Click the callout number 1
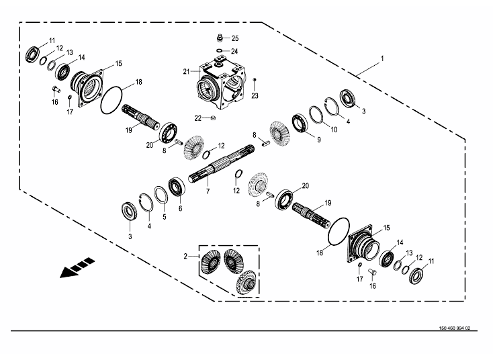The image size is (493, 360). coord(382,59)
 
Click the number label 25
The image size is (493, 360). coord(235,38)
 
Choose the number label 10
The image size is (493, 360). coord(334,128)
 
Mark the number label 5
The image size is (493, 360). coord(163,217)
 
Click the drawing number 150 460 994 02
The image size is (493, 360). coord(449,328)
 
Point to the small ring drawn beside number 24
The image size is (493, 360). coord(219,50)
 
